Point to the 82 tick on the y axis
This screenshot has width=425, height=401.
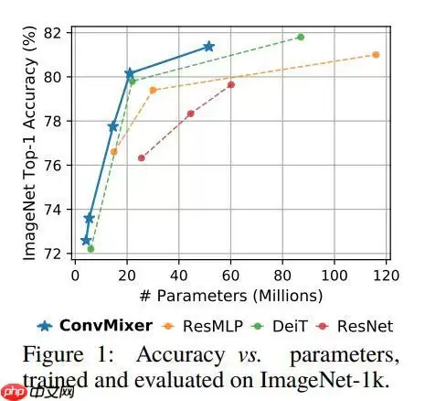pyautogui.click(x=59, y=33)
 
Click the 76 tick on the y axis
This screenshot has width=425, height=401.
pyautogui.click(x=59, y=166)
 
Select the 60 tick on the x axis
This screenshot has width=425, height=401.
pyautogui.click(x=231, y=275)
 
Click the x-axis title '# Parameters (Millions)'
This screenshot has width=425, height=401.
pyautogui.click(x=231, y=295)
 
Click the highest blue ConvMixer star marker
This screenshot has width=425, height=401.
pyautogui.click(x=208, y=46)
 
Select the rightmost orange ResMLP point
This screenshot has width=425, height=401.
pyautogui.click(x=376, y=55)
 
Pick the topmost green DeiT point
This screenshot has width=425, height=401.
pyautogui.click(x=301, y=37)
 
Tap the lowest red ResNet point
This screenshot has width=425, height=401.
pyautogui.click(x=141, y=157)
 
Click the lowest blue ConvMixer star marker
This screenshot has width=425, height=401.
pyautogui.click(x=86, y=241)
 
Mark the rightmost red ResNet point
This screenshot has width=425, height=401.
pyautogui.click(x=231, y=84)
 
